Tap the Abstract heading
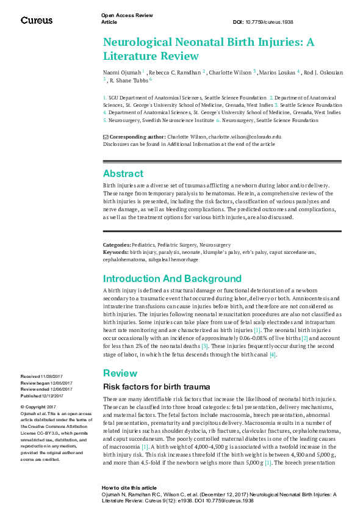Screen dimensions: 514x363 [x=123, y=173]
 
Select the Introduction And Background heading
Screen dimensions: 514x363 [x=172, y=279]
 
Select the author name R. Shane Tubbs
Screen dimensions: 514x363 [x=128, y=80]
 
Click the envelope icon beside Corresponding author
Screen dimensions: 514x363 [x=106, y=137]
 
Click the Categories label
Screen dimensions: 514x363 [x=117, y=244]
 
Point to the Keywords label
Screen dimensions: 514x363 [x=115, y=251]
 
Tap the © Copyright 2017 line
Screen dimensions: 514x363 [x=38, y=407]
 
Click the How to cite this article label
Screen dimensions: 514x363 [x=129, y=488]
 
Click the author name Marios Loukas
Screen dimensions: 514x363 [x=277, y=72]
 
